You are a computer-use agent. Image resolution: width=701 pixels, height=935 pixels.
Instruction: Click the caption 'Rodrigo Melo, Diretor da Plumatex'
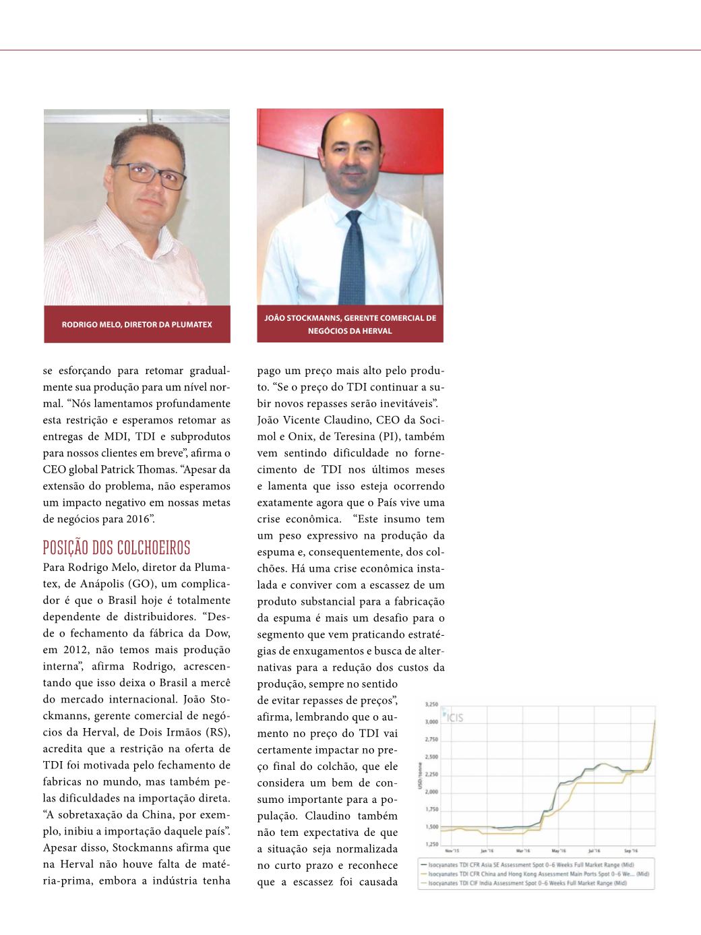click(x=137, y=325)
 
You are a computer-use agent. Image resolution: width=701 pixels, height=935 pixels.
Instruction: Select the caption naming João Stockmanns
click(x=350, y=324)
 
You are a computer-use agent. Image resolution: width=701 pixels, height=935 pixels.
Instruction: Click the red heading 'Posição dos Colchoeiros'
click(x=117, y=547)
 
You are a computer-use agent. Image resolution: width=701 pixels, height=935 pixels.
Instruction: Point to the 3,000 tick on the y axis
click(x=431, y=722)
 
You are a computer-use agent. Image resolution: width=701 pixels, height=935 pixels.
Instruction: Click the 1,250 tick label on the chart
click(x=431, y=845)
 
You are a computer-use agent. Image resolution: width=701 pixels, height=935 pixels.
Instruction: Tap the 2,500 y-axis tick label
click(x=431, y=757)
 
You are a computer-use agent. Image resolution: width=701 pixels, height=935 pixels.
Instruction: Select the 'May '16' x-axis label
click(x=558, y=851)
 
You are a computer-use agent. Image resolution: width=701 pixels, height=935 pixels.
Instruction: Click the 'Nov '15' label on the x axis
click(x=452, y=851)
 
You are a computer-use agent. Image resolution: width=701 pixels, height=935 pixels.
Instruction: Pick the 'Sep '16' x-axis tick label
click(x=631, y=851)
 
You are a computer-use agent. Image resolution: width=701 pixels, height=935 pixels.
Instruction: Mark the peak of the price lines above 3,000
click(x=654, y=721)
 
